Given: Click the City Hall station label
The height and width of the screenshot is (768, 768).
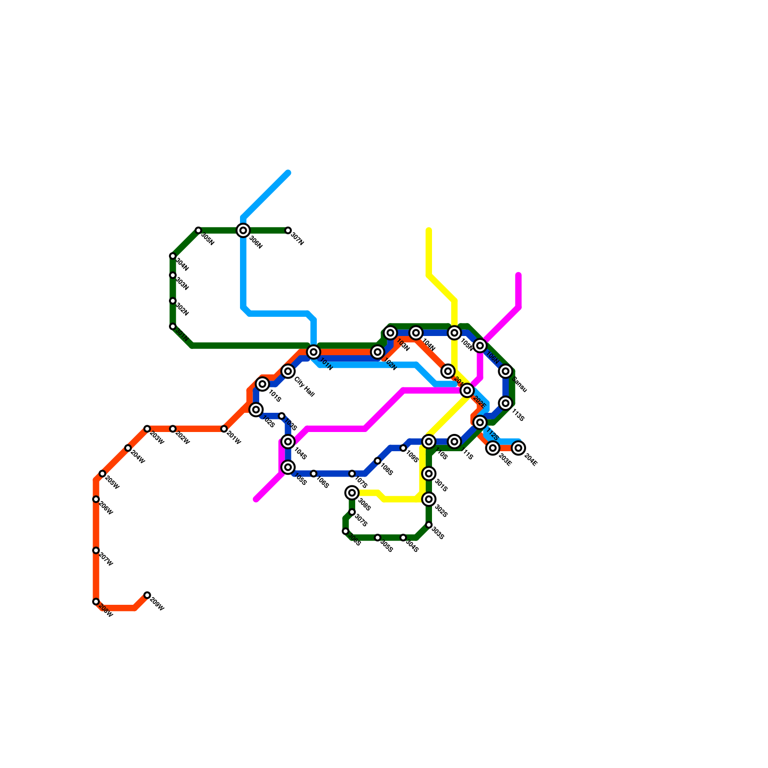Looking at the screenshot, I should (304, 387).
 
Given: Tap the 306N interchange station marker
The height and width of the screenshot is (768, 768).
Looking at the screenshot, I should (243, 230).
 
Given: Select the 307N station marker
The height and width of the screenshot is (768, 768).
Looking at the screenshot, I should (288, 230).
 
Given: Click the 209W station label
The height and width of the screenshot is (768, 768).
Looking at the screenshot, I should (157, 606).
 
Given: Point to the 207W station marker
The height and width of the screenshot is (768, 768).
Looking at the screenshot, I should (96, 551).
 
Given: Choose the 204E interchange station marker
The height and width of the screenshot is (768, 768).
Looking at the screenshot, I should (518, 448).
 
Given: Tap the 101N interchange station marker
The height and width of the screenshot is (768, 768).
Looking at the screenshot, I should (313, 352).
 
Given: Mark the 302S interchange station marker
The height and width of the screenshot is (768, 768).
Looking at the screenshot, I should (429, 499).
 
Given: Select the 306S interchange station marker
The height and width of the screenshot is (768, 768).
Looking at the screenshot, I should (352, 492).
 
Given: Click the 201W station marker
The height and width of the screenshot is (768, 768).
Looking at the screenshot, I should (224, 429).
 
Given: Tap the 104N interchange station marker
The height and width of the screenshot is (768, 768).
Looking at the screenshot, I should (416, 333).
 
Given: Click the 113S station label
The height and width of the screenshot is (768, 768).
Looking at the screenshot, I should (517, 415).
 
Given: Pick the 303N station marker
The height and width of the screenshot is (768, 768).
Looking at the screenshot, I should (173, 275).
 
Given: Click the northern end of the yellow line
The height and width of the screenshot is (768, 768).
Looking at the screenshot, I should (429, 231).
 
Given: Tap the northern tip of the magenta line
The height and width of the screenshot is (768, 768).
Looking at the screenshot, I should (518, 275).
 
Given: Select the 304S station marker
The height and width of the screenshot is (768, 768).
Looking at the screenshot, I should (403, 538).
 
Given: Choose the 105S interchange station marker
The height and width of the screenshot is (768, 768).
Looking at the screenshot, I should (288, 467).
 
